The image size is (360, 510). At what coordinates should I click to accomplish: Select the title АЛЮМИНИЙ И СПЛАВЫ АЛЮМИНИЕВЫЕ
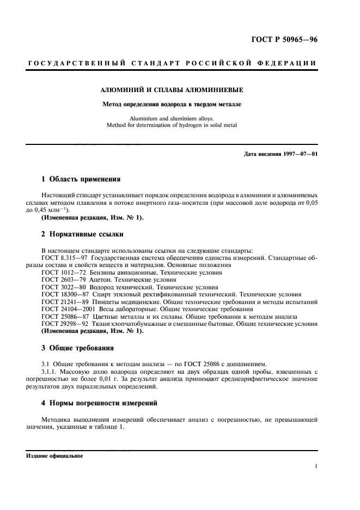pos(173,90)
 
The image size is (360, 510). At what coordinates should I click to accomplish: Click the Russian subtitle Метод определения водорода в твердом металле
pos(173,104)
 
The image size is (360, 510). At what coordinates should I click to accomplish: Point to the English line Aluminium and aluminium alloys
pos(173,118)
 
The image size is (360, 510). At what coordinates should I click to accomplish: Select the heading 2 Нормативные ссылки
pos(82,235)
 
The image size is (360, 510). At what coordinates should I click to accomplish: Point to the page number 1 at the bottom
pos(316,466)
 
